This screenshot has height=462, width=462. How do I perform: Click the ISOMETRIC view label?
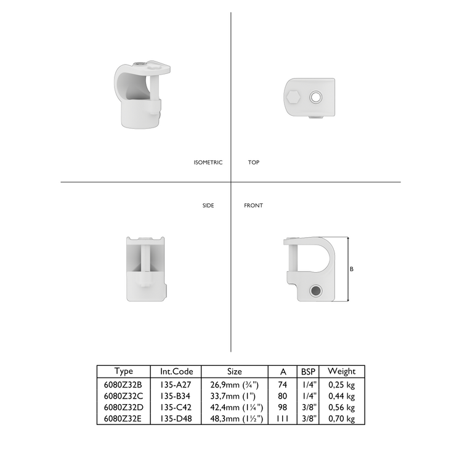pyautogui.click(x=208, y=163)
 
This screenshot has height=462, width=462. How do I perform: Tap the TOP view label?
pyautogui.click(x=253, y=163)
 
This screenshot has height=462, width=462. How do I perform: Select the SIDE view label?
pyautogui.click(x=208, y=205)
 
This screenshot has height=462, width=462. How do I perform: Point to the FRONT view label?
pyautogui.click(x=253, y=205)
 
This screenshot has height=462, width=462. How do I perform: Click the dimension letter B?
pyautogui.click(x=351, y=269)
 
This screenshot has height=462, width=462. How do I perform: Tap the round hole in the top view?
pyautogui.click(x=316, y=97)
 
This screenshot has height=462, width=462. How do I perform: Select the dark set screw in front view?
pyautogui.click(x=316, y=290)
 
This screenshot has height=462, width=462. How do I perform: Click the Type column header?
pyautogui.click(x=124, y=371)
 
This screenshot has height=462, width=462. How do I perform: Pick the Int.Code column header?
pyautogui.click(x=176, y=371)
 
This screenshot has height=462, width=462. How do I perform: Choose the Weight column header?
pyautogui.click(x=341, y=371)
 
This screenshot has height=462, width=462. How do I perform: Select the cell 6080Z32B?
pyautogui.click(x=124, y=384)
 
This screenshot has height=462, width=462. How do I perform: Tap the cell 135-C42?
pyautogui.click(x=176, y=407)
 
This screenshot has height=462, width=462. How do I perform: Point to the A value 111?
pyautogui.click(x=283, y=419)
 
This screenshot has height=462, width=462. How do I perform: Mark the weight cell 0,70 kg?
pyautogui.click(x=341, y=419)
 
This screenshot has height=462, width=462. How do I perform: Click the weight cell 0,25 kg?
pyautogui.click(x=341, y=384)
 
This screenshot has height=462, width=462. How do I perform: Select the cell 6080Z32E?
pyautogui.click(x=124, y=419)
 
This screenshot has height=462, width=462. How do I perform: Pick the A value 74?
pyautogui.click(x=283, y=384)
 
